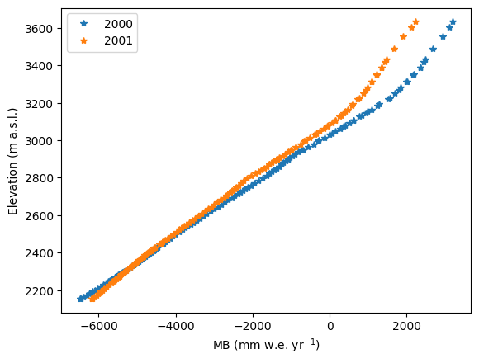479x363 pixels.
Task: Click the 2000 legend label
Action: (x=118, y=24)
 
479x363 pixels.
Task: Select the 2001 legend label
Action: (x=118, y=40)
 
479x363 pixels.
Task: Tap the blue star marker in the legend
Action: (x=83, y=23)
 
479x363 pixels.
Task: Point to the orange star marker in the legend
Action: (x=83, y=40)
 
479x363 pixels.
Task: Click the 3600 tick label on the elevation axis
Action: (x=39, y=29)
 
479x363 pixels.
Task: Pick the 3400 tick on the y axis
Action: (x=39, y=66)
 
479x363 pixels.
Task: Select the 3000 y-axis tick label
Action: (x=39, y=141)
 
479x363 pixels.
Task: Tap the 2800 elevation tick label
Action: (x=39, y=178)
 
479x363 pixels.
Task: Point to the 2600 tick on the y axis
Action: (x=39, y=215)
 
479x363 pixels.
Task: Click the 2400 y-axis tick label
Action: (x=39, y=253)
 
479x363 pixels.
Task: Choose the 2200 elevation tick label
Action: (x=39, y=291)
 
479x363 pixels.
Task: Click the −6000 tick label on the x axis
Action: (x=99, y=326)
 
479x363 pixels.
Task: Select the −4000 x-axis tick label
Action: (x=176, y=326)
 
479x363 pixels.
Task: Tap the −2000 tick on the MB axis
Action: (x=253, y=326)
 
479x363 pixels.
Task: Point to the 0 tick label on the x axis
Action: (x=330, y=326)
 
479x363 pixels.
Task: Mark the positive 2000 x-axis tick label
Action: (x=407, y=326)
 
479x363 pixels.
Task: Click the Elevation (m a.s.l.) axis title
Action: (x=12, y=161)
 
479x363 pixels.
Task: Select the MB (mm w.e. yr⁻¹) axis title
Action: (x=267, y=345)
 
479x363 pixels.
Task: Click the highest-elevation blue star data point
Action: (x=453, y=21)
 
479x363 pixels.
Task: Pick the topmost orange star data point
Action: (x=415, y=21)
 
